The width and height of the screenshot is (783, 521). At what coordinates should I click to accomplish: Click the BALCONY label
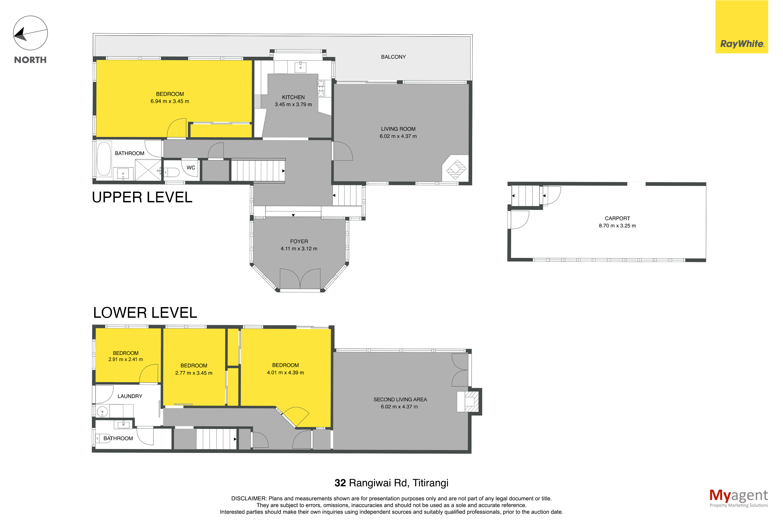393,57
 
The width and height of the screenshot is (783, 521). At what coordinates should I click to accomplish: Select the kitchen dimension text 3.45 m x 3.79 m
293,104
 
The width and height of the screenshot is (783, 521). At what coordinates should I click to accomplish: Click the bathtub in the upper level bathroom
104,159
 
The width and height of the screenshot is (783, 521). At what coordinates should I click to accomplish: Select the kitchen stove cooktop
321,88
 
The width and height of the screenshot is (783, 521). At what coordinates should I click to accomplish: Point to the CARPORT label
617,218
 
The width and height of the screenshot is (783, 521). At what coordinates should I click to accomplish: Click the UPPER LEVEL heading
142,197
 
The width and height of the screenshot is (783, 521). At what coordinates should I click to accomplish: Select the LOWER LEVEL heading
145,313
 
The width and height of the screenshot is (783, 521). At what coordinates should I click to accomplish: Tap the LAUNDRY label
130,396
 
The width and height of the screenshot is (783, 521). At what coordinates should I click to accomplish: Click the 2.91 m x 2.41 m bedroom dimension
126,359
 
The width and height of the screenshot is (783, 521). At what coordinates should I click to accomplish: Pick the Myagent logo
738,498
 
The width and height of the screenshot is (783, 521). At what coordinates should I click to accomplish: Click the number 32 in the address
340,483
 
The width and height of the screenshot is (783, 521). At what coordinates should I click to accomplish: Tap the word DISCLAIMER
249,498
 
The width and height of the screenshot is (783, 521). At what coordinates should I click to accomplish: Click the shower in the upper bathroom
148,170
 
